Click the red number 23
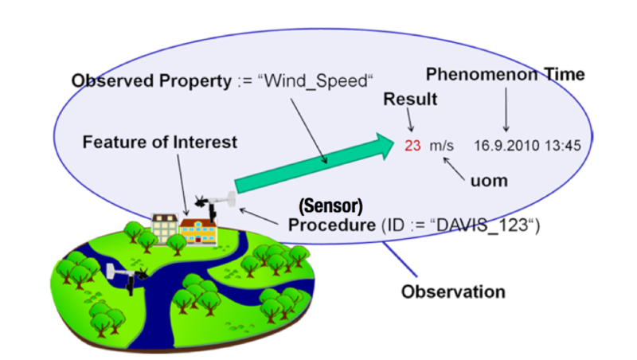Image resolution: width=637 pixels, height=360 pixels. [x=412, y=146]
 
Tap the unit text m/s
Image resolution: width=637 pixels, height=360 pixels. [x=442, y=146]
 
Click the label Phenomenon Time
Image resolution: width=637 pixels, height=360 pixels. [x=506, y=74]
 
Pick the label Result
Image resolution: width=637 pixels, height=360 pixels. [x=410, y=99]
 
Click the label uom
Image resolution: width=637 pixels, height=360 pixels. [x=489, y=181]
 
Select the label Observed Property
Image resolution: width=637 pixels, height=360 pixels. [x=151, y=81]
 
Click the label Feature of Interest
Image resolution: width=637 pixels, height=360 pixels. [x=160, y=143]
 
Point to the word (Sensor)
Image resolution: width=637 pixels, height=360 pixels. [x=330, y=206]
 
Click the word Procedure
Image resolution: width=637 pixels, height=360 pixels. [x=332, y=225]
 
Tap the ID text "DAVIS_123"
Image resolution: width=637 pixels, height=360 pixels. [x=483, y=225]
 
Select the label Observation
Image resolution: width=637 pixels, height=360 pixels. [x=453, y=292]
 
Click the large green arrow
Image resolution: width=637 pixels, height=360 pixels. [x=314, y=163]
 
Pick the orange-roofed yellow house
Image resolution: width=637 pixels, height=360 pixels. [x=197, y=232]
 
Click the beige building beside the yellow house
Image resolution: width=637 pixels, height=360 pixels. [x=165, y=229]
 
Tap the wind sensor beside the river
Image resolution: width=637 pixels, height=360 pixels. [x=127, y=276]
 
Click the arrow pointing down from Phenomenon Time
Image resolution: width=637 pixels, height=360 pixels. [x=506, y=109]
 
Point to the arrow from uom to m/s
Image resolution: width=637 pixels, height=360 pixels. [x=454, y=169]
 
